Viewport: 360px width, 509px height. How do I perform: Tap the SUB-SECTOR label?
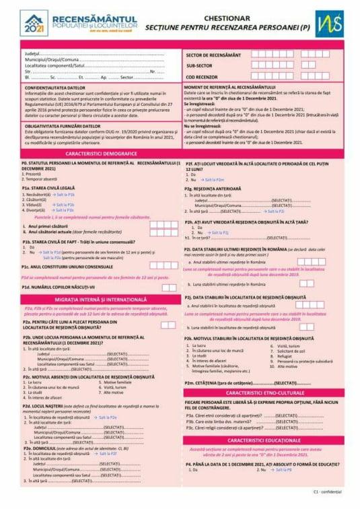coord(200,65)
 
